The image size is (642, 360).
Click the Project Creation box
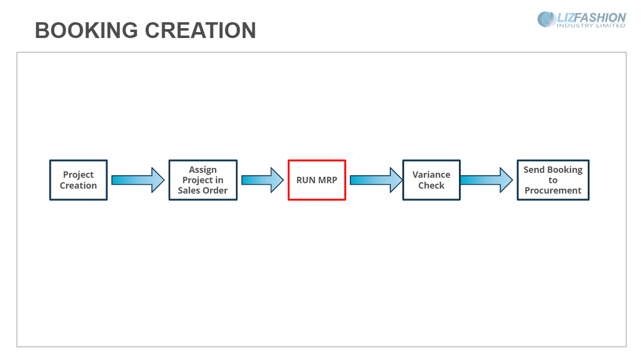click(x=78, y=180)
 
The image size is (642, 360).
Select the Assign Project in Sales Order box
click(x=203, y=180)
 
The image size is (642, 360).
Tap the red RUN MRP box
click(x=317, y=180)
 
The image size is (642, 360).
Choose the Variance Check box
click(x=431, y=180)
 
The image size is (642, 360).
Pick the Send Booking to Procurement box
click(x=553, y=180)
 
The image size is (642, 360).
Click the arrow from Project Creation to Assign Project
click(x=138, y=180)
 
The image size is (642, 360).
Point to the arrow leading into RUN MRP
click(x=263, y=180)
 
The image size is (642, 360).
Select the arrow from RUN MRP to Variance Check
click(x=377, y=180)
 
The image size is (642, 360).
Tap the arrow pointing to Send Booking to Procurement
click(x=487, y=180)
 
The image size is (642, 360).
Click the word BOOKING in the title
click(x=86, y=31)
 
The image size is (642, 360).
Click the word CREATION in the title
click(x=200, y=31)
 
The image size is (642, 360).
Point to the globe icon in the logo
click(x=546, y=19)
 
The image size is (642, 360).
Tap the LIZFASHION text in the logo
click(x=592, y=18)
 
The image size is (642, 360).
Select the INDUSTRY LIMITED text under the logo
click(x=591, y=26)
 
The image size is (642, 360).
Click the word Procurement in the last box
click(x=553, y=191)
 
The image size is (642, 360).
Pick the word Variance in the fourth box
click(x=431, y=174)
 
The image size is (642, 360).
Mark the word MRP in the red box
click(x=327, y=180)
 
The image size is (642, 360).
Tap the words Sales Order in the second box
click(x=203, y=191)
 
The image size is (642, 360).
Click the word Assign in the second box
click(x=203, y=170)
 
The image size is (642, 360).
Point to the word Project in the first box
click(x=78, y=175)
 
